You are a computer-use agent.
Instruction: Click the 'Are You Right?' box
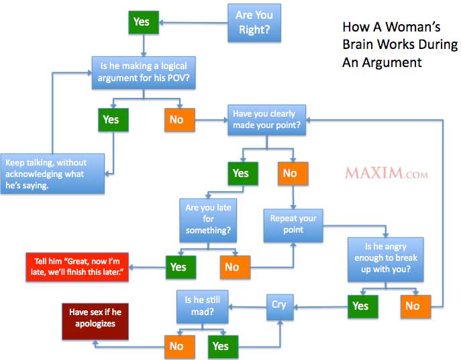(254, 23)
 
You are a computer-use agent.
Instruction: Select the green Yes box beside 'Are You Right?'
(144, 22)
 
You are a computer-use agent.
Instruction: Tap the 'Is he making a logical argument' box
(144, 73)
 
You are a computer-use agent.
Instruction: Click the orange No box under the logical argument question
(180, 120)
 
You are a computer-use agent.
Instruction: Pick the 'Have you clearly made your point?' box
(266, 120)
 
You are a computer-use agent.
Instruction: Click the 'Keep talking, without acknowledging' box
(52, 174)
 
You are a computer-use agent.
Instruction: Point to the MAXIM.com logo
(387, 173)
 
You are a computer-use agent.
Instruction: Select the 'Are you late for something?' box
(208, 221)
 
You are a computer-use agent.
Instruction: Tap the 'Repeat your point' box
(293, 225)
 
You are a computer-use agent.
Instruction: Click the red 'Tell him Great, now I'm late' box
(77, 267)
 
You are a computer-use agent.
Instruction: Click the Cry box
(280, 307)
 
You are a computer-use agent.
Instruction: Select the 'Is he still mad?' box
(202, 306)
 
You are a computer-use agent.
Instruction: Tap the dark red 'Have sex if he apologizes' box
(95, 321)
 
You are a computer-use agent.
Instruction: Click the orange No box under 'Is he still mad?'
(180, 347)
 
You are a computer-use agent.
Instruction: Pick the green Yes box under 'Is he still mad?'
(223, 347)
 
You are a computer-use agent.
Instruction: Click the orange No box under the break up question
(416, 306)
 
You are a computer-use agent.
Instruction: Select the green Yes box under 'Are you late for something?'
(181, 267)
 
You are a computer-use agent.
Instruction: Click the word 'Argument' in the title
(392, 63)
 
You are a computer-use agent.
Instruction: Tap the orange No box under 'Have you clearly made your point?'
(293, 174)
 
